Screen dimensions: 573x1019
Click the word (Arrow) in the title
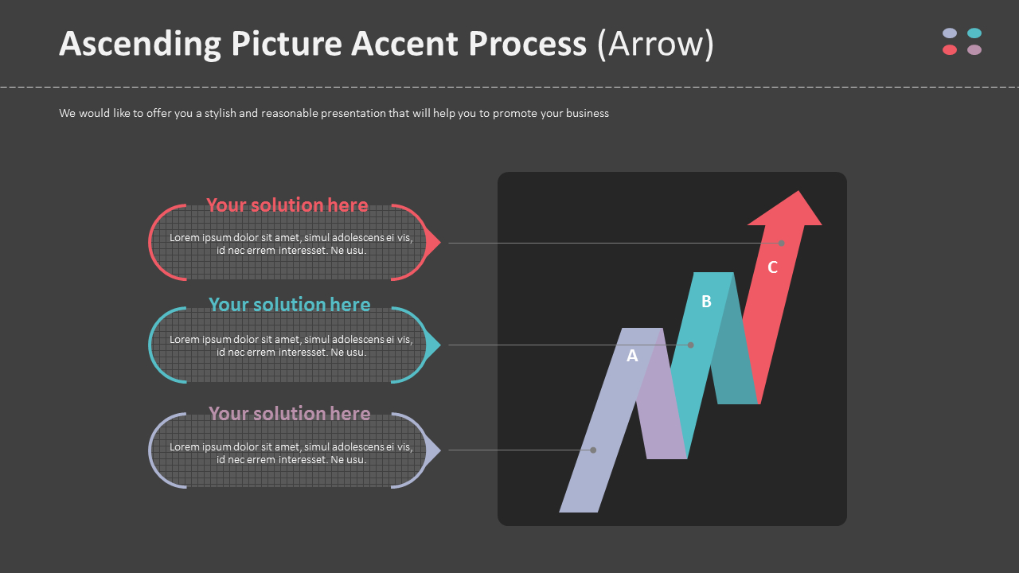pos(655,45)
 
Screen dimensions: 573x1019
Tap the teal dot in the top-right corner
pos(974,33)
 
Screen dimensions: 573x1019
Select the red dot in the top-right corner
pos(950,50)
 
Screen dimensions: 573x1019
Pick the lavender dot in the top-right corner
pos(950,33)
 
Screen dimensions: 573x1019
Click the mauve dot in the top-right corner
pos(974,50)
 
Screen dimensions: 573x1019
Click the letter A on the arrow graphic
pos(632,356)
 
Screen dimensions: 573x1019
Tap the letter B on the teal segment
pos(706,302)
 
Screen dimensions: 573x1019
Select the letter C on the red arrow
pos(772,267)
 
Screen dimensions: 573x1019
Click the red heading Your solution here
pos(287,205)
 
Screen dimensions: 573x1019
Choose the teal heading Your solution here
pos(289,305)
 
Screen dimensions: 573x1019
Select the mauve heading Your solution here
pos(289,414)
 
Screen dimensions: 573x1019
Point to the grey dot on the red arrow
pos(782,243)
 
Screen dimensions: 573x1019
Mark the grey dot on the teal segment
pos(691,345)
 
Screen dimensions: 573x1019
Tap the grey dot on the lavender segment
pos(593,450)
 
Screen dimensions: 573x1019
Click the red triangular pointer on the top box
pos(432,242)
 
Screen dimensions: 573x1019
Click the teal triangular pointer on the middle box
pos(432,345)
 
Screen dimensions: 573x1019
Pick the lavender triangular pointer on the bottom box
pos(432,450)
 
